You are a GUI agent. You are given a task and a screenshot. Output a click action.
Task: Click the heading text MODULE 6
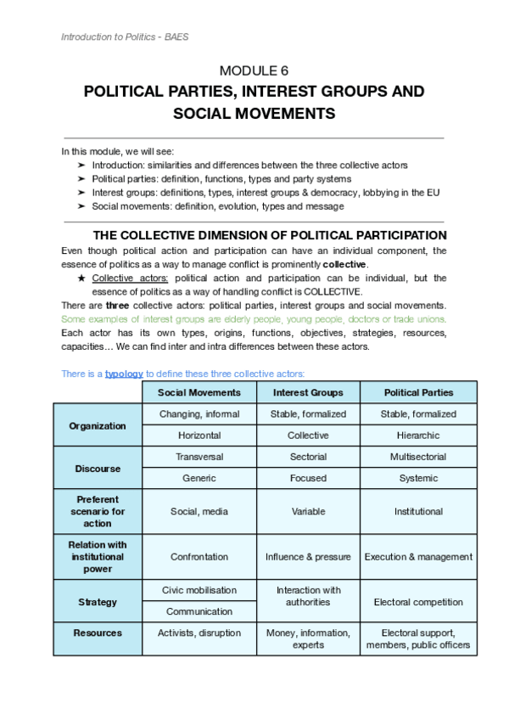(x=254, y=70)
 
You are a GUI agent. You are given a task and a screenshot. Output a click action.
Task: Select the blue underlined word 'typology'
(x=124, y=374)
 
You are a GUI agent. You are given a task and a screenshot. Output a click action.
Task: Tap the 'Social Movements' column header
(x=199, y=392)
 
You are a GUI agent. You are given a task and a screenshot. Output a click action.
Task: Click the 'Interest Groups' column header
(x=308, y=392)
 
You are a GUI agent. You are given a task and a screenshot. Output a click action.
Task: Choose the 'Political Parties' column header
(x=418, y=392)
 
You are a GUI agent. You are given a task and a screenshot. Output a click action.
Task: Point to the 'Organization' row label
(x=98, y=425)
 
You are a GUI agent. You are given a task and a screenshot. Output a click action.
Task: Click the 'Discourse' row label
(x=98, y=468)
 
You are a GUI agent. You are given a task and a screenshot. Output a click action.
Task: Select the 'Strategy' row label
(x=98, y=602)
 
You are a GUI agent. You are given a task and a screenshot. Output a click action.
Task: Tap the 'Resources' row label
(x=98, y=633)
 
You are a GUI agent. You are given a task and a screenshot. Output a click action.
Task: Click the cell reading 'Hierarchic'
(x=418, y=436)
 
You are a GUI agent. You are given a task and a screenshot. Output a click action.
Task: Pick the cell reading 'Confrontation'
(x=199, y=557)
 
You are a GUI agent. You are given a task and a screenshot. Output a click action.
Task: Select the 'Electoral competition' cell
(x=418, y=602)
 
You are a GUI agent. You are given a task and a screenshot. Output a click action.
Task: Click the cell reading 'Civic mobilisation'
(x=199, y=590)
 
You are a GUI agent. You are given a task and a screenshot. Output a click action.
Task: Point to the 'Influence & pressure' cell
(x=308, y=557)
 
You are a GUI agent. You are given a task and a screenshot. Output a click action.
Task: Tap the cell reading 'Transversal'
(x=199, y=457)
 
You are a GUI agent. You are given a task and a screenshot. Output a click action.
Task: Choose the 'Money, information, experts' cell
(x=308, y=638)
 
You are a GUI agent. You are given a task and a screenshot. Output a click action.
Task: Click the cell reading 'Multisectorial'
(x=418, y=457)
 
